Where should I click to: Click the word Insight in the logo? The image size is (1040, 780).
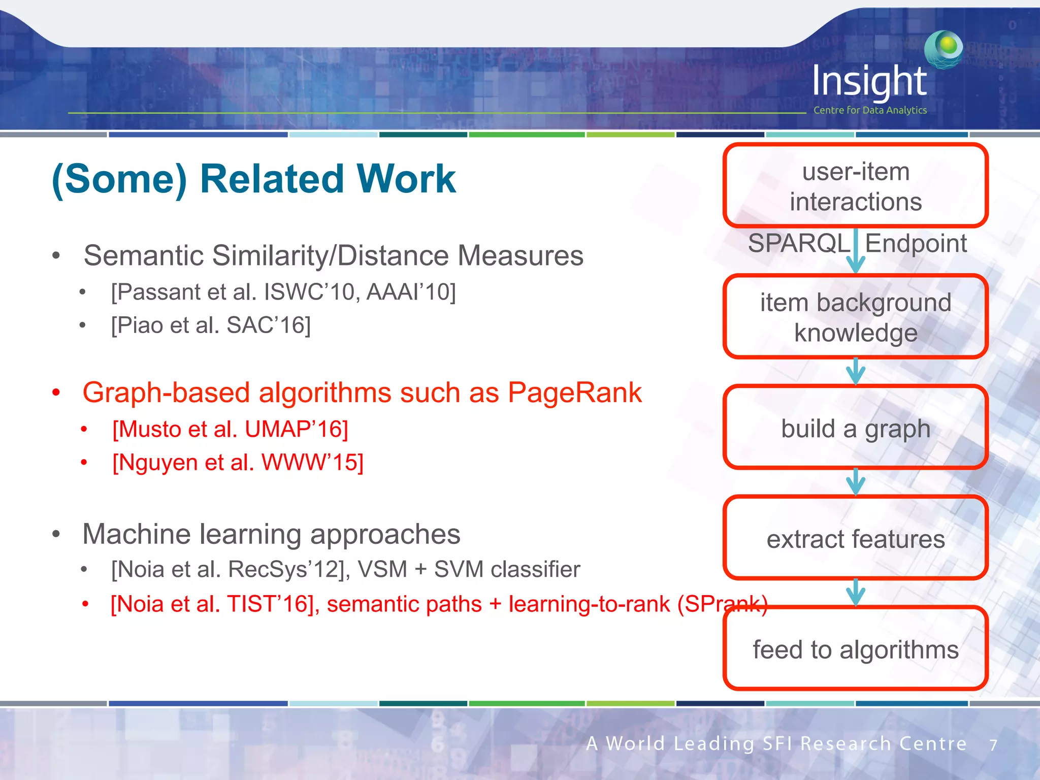click(x=869, y=81)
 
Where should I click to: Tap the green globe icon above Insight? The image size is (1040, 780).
click(x=944, y=49)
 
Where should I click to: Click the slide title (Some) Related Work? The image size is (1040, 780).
click(x=254, y=179)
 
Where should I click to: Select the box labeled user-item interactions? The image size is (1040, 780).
click(x=856, y=186)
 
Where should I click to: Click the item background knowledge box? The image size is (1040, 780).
click(x=856, y=317)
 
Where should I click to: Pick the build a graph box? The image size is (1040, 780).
click(x=856, y=428)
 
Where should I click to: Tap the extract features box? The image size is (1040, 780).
click(x=856, y=538)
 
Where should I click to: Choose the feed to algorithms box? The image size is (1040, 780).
click(x=856, y=649)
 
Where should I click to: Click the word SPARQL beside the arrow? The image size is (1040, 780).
click(x=799, y=243)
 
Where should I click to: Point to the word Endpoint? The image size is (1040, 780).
click(x=916, y=243)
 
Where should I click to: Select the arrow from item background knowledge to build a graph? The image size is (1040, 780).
click(x=856, y=371)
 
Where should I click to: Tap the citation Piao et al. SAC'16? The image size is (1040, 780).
click(x=211, y=325)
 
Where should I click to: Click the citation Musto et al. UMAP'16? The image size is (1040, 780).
click(x=230, y=429)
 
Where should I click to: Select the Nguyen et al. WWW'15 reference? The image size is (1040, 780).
click(x=238, y=462)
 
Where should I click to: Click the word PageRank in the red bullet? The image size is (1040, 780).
click(x=574, y=393)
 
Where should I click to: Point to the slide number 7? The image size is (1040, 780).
click(x=993, y=745)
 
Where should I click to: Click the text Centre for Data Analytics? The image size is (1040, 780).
click(x=870, y=110)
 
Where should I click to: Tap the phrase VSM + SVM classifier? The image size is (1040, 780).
click(x=469, y=569)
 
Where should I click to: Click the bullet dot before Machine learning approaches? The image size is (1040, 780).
click(x=56, y=534)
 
